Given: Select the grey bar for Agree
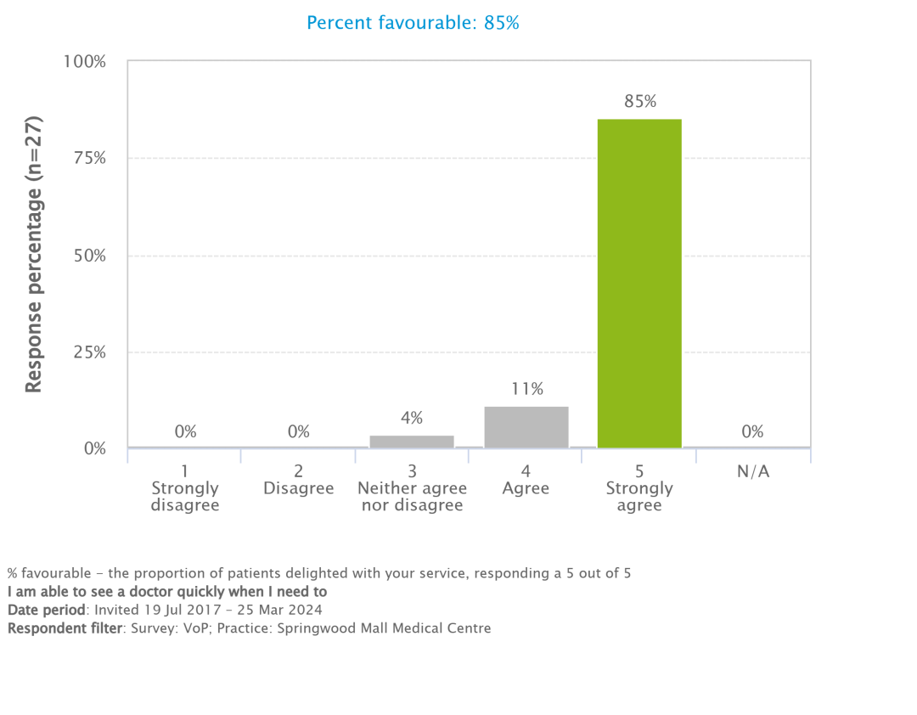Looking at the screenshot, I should click(x=526, y=427).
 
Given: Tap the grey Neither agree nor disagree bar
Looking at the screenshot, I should click(x=412, y=441).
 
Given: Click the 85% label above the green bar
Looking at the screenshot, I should click(x=640, y=102).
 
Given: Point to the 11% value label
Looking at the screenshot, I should click(x=527, y=389).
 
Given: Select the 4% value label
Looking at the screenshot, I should click(x=412, y=418).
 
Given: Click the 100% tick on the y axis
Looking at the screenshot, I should click(x=85, y=62).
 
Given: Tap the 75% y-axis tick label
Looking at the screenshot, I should click(x=87, y=159).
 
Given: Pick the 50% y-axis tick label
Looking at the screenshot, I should click(x=87, y=256).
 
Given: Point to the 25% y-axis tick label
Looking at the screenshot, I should click(x=87, y=352).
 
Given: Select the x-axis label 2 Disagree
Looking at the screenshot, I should click(x=299, y=480).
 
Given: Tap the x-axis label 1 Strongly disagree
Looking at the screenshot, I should click(x=185, y=488).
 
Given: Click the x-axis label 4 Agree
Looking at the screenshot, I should click(x=526, y=480).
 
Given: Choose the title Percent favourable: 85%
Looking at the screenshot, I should click(x=413, y=23).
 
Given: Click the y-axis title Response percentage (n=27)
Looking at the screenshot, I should click(x=33, y=254).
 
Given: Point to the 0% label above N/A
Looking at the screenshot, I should click(x=752, y=431).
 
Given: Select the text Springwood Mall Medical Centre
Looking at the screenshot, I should click(x=384, y=628).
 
